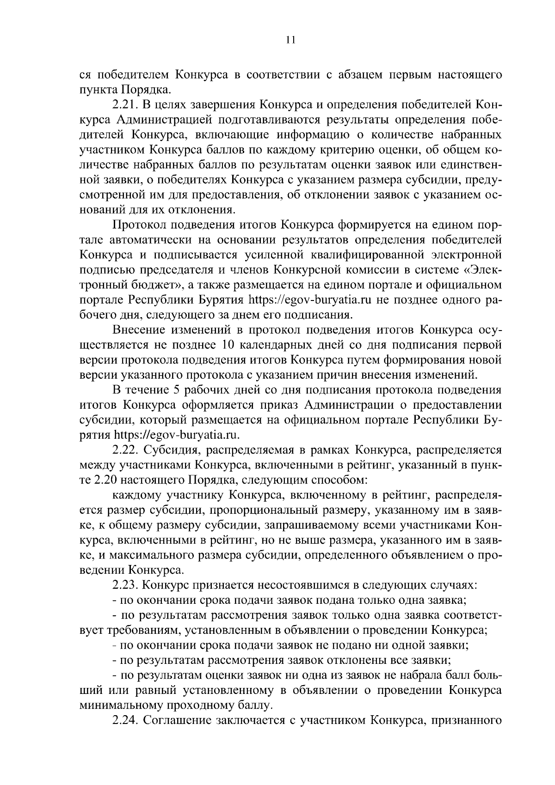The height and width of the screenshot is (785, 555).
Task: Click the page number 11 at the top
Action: tap(290, 40)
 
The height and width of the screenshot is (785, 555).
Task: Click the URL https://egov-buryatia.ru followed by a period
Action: tap(178, 435)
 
